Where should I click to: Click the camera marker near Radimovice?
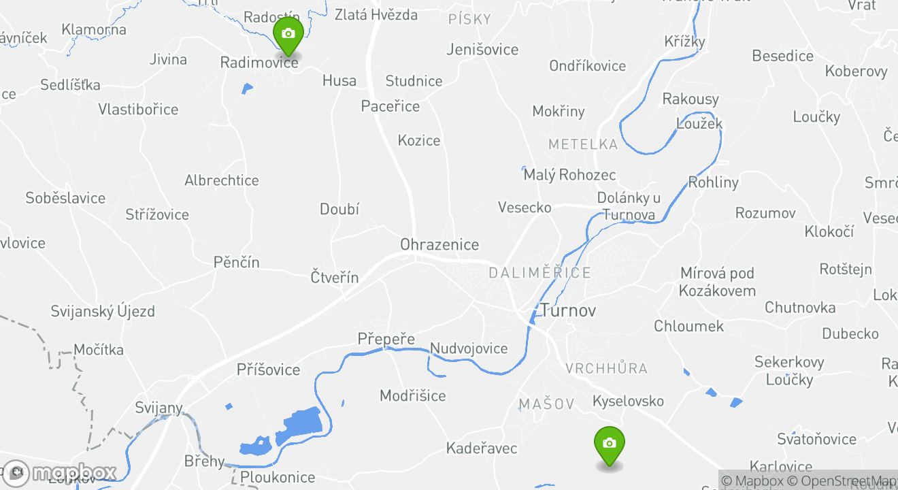(x=288, y=35)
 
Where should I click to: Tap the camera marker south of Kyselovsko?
(x=609, y=444)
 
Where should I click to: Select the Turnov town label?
(x=568, y=311)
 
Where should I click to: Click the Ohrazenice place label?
(x=439, y=245)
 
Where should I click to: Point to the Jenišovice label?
(x=482, y=50)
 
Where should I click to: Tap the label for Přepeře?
(x=386, y=339)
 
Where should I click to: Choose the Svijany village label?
(x=159, y=408)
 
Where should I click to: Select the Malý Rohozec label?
(x=569, y=175)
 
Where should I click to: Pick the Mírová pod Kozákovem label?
(x=718, y=282)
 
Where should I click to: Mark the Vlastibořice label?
(x=138, y=110)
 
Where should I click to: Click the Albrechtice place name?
(x=222, y=181)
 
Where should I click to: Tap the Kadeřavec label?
(x=482, y=448)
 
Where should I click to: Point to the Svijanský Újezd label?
(x=103, y=312)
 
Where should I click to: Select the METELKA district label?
(x=583, y=144)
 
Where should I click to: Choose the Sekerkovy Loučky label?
(x=789, y=371)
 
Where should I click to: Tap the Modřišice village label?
(x=413, y=396)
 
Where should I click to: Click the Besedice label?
(x=782, y=56)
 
